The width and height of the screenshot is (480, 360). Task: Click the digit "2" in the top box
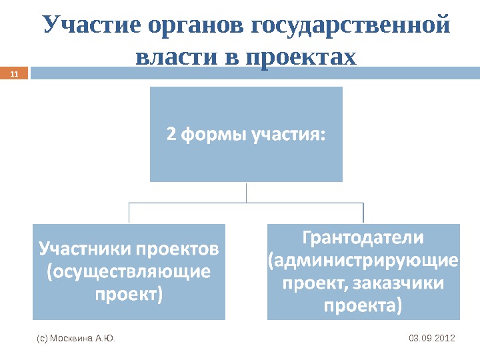171,134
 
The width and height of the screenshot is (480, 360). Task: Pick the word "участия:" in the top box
288,134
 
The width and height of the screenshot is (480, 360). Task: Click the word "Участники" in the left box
85,249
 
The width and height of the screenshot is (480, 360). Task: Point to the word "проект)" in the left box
129,293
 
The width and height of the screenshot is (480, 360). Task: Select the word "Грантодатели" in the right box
363,237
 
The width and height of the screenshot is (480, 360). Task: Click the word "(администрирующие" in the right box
363,259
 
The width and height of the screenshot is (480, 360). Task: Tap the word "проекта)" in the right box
363,306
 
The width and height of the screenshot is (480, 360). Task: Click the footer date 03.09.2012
431,339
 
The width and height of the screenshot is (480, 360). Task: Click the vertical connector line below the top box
246,192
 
